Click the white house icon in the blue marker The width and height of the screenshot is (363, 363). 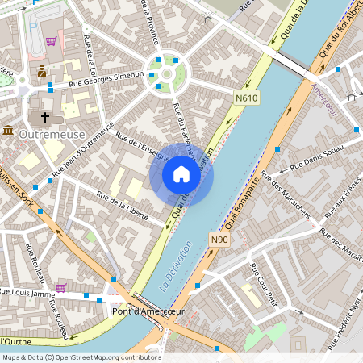181,174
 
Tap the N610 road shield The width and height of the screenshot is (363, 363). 248,98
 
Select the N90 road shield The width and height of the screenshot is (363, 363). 219,240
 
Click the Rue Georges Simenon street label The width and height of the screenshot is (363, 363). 106,77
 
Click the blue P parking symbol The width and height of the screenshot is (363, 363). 34,26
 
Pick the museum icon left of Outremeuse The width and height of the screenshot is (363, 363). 7,131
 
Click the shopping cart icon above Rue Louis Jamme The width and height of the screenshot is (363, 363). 60,286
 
